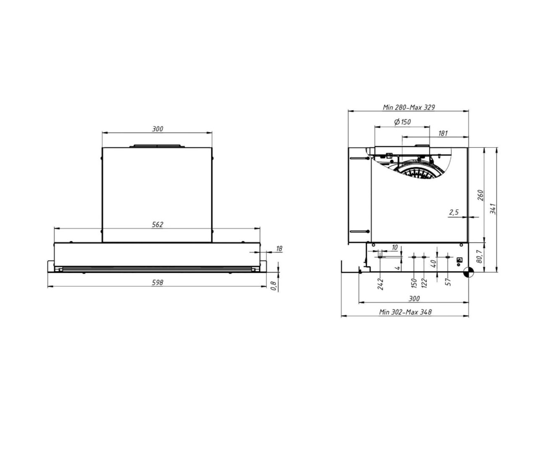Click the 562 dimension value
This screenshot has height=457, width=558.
[158, 225]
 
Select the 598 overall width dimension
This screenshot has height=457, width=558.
[158, 283]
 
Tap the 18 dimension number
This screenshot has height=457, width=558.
[279, 248]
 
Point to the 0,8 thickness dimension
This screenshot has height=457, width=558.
[274, 285]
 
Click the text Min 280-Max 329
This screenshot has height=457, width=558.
[409, 107]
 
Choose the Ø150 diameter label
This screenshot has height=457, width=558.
[403, 122]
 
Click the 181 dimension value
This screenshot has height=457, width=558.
[443, 133]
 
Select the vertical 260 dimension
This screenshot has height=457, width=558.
[481, 195]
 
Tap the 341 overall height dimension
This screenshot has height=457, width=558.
[493, 209]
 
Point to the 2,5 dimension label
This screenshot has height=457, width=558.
[454, 212]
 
